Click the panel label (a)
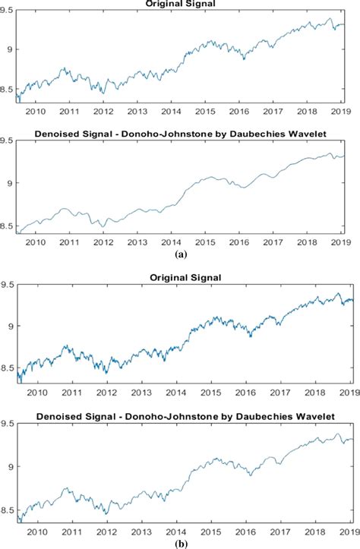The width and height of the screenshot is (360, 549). [181, 255]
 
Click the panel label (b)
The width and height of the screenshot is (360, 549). [181, 544]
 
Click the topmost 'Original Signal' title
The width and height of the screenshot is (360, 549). [181, 4]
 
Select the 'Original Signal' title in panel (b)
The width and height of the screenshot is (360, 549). [181, 277]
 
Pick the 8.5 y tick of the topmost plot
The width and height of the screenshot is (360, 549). [8, 89]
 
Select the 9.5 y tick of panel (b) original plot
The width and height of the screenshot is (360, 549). [8, 285]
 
